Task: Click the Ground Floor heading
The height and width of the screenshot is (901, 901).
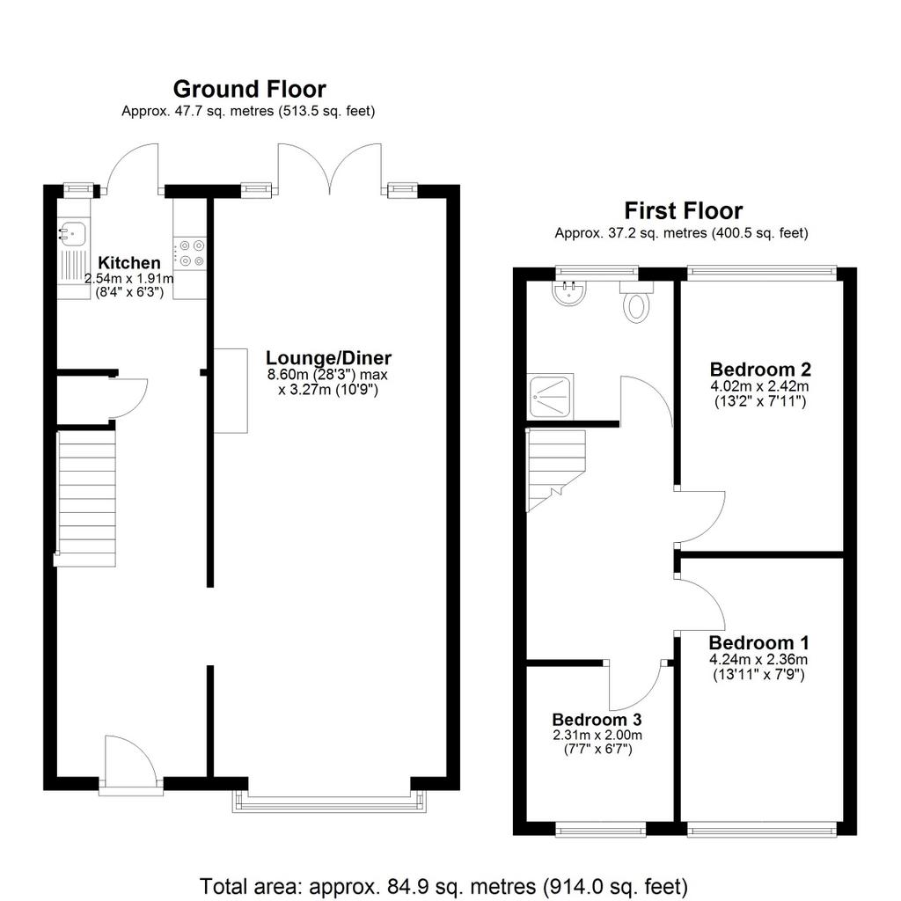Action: tap(249, 90)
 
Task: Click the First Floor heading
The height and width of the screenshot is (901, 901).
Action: tap(683, 211)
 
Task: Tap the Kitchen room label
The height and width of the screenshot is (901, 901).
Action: tap(129, 262)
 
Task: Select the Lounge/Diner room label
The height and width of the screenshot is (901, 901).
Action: tap(328, 357)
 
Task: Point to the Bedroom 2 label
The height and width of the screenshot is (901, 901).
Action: tap(760, 369)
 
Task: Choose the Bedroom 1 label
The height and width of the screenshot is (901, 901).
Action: tap(759, 642)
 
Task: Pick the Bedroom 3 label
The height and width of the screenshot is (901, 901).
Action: tap(597, 720)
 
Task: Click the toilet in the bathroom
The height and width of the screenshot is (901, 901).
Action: tap(636, 301)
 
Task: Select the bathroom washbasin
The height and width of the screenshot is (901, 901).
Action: tap(569, 291)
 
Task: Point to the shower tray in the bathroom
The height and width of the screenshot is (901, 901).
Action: tap(551, 397)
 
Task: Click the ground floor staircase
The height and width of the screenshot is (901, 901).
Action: tap(86, 499)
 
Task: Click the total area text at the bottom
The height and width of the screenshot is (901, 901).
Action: tap(443, 886)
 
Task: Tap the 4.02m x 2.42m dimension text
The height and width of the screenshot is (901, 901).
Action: tap(759, 386)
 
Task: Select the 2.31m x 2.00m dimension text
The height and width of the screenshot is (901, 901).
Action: tap(597, 735)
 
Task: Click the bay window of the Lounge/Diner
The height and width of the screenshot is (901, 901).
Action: tap(329, 802)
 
